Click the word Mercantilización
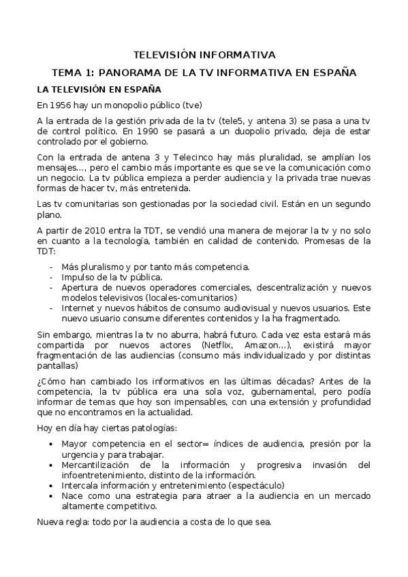(x=97, y=465)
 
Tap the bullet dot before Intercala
(x=53, y=485)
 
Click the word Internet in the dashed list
(x=78, y=308)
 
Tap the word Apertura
(x=80, y=288)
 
